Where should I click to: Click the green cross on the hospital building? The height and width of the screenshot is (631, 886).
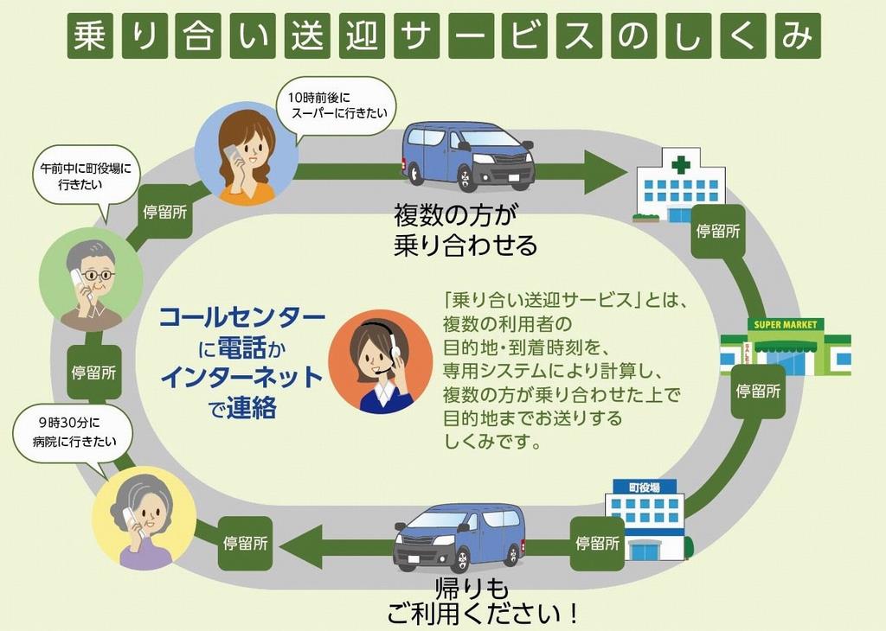[x=681, y=164]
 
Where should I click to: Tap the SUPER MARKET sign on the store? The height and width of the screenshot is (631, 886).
[x=786, y=325]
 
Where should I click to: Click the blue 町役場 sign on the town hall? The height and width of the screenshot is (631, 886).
[x=644, y=488]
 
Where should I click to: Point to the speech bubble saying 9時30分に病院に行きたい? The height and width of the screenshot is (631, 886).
[x=72, y=433]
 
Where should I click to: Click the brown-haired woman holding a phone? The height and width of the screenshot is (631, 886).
[x=247, y=156]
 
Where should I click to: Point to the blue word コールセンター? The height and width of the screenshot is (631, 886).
[x=242, y=317]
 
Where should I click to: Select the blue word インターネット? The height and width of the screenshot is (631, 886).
[x=242, y=377]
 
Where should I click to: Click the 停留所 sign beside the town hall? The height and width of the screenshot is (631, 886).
[x=597, y=544]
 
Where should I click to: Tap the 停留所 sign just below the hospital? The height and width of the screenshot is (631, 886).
[x=718, y=231]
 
